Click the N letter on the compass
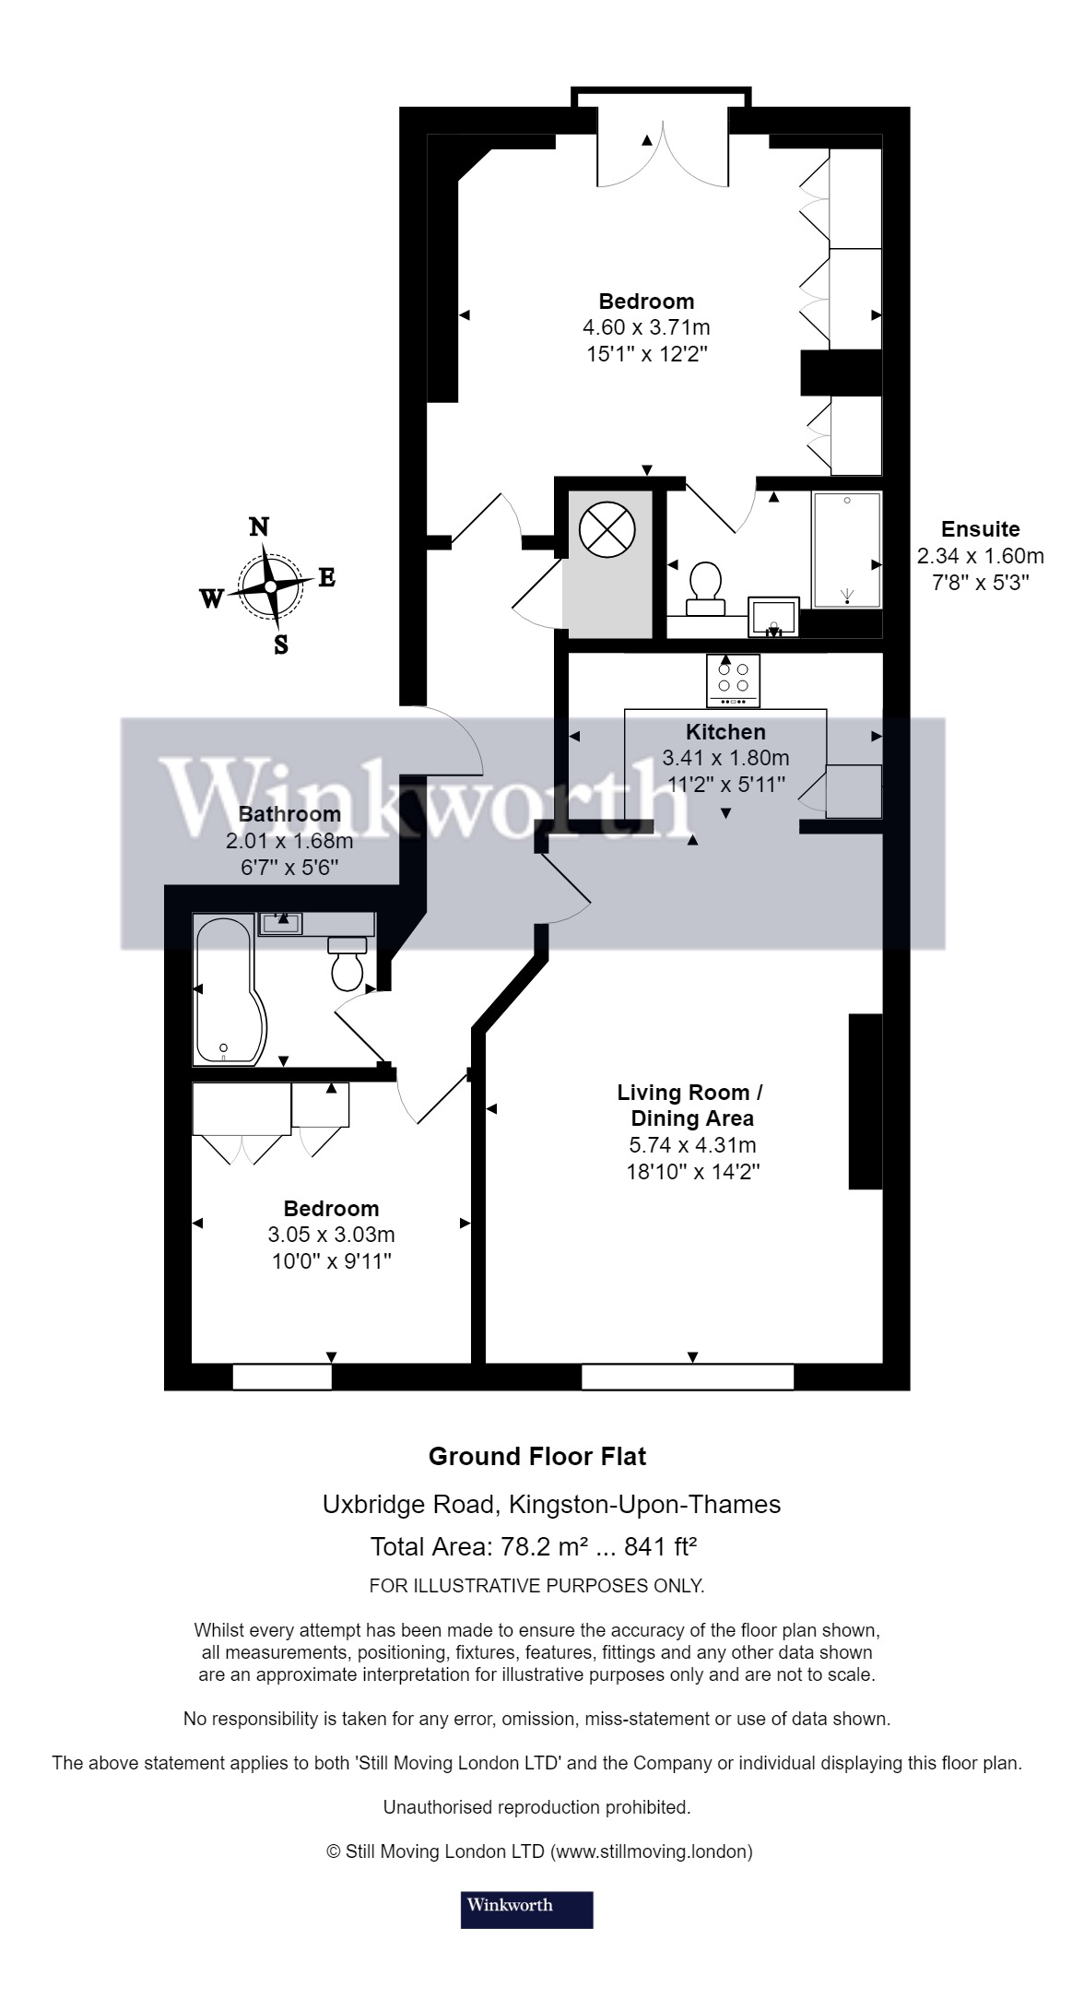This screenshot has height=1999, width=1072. pyautogui.click(x=260, y=526)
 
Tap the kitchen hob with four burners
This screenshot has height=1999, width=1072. pyautogui.click(x=734, y=680)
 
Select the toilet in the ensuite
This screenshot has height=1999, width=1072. pyautogui.click(x=706, y=585)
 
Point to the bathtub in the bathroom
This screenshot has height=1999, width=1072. pyautogui.click(x=226, y=991)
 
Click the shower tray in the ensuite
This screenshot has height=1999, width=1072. pyautogui.click(x=846, y=550)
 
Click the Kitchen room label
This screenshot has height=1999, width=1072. pyautogui.click(x=725, y=732)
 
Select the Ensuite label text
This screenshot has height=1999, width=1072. pyautogui.click(x=980, y=529)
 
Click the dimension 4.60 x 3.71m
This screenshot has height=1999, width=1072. pyautogui.click(x=646, y=327)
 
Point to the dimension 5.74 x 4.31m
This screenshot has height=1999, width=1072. pyautogui.click(x=690, y=1145)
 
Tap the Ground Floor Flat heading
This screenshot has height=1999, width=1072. pyautogui.click(x=536, y=1457)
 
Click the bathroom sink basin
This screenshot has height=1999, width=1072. pyautogui.click(x=280, y=923)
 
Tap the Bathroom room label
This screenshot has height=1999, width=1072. pyautogui.click(x=289, y=814)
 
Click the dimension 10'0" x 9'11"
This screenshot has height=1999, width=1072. pyautogui.click(x=332, y=1260)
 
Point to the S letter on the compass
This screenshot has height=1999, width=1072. pyautogui.click(x=281, y=645)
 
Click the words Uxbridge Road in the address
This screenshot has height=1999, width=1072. pyautogui.click(x=407, y=1505)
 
